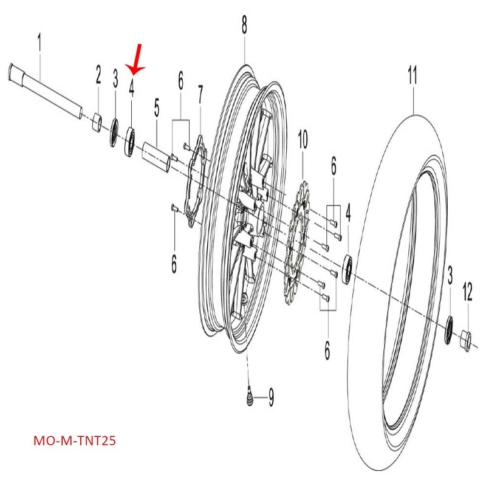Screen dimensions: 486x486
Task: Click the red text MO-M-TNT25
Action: (x=74, y=440)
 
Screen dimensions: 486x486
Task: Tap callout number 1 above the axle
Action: (x=39, y=44)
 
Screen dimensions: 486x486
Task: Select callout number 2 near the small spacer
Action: (x=98, y=76)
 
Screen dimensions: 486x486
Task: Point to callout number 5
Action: (x=157, y=109)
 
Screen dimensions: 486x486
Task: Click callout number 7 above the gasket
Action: (x=200, y=95)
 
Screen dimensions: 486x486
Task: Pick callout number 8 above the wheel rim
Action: (x=244, y=26)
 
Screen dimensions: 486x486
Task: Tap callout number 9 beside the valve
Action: (x=271, y=398)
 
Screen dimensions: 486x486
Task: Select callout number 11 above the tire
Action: (x=412, y=77)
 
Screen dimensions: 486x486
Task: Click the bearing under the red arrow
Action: (x=130, y=142)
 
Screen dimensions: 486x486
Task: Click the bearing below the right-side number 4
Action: (x=349, y=270)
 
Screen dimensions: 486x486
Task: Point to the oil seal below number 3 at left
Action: (x=114, y=135)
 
